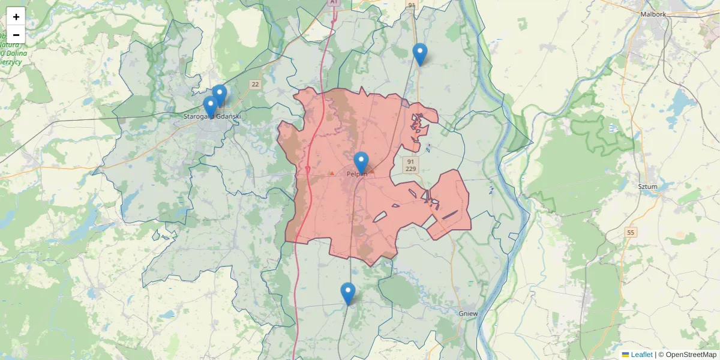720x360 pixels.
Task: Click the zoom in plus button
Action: point(16,17)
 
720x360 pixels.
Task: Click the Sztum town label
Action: point(647,187)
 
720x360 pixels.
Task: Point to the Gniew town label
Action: point(468,313)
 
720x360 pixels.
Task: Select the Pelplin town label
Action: point(356,174)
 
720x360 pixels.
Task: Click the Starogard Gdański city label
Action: point(212,116)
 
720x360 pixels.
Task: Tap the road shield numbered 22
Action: point(256,84)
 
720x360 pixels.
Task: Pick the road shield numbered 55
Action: point(630,232)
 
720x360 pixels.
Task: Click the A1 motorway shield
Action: point(334,3)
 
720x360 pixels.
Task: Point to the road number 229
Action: point(410,169)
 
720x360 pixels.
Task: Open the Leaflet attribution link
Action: point(641,355)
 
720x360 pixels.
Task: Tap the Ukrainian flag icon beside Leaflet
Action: point(625,355)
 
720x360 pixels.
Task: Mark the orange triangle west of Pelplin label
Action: point(332,173)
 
